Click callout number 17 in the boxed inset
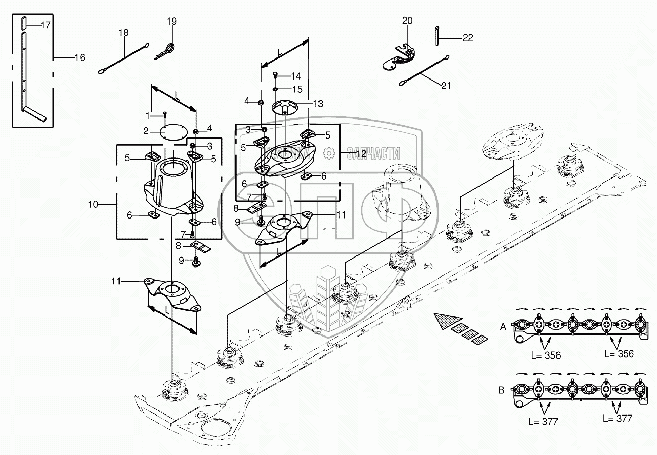tap(45, 25)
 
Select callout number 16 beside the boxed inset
tap(79, 57)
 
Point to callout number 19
tap(171, 22)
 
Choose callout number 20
tap(407, 21)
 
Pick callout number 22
tap(467, 37)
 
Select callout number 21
tap(446, 86)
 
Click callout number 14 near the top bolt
tap(296, 76)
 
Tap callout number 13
tap(318, 104)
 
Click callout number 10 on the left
tap(93, 204)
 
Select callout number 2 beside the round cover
tap(146, 131)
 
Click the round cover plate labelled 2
tap(173, 132)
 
